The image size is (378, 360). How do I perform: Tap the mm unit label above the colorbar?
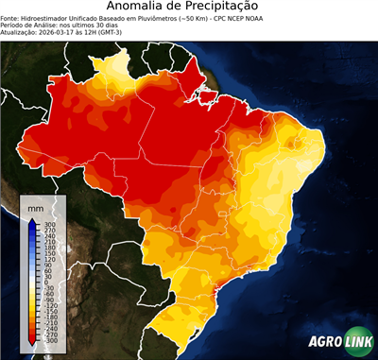click(x=36, y=206)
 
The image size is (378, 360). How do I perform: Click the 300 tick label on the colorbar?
click(x=49, y=224)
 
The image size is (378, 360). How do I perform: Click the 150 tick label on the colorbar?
click(x=49, y=252)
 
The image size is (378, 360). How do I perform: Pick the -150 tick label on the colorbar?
click(x=50, y=309)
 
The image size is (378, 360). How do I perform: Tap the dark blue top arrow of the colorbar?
click(x=32, y=222)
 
